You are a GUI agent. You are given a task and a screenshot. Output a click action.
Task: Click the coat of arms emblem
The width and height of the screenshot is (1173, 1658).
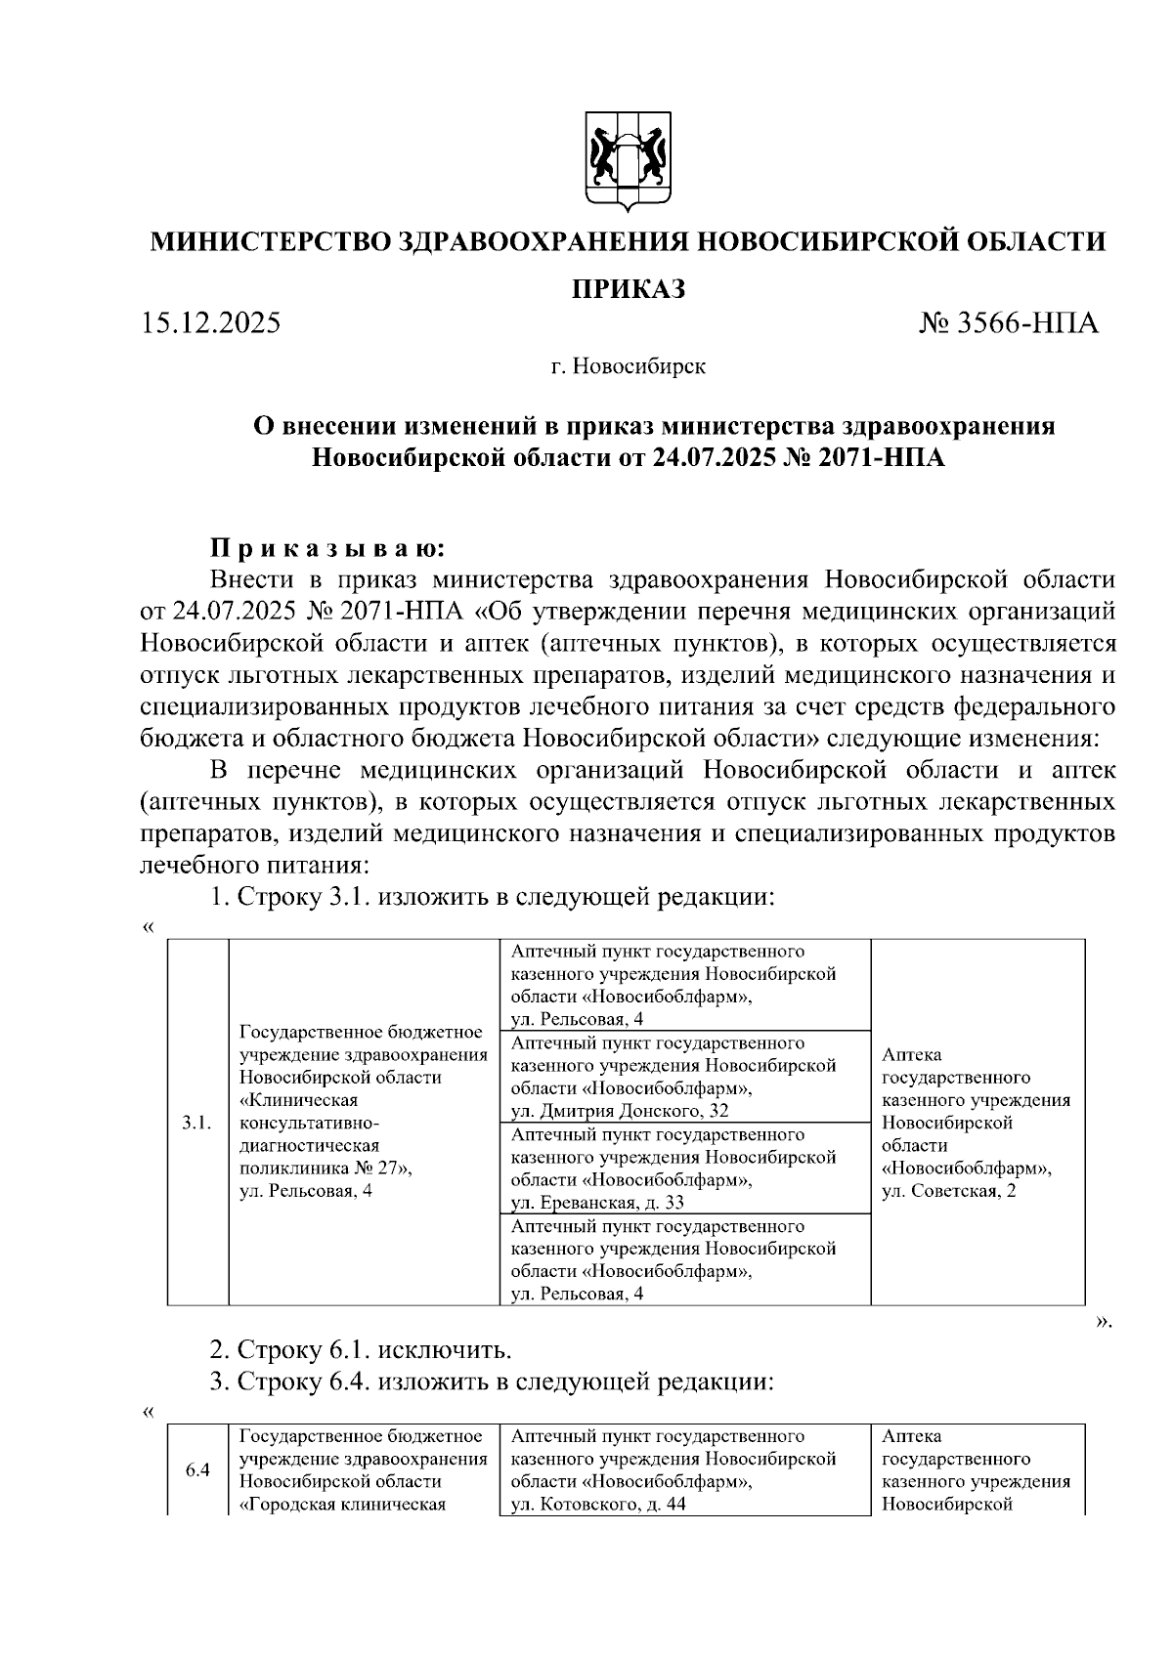tap(629, 162)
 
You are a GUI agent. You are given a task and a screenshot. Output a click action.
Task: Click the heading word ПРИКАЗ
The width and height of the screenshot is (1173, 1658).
tap(628, 289)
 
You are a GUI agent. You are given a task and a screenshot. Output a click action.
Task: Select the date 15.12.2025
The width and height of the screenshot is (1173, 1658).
tap(210, 322)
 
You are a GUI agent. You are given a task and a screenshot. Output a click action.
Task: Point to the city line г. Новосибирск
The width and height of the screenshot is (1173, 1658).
tap(628, 367)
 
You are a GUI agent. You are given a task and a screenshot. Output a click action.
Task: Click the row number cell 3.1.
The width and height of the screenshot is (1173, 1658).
tap(197, 1124)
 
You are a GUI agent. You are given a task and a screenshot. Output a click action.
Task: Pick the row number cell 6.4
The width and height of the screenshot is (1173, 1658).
tap(197, 1470)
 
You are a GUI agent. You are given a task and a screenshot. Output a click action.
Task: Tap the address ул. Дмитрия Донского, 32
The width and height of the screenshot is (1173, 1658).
tap(620, 1111)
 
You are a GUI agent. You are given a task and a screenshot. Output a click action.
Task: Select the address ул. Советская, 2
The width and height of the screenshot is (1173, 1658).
tap(949, 1191)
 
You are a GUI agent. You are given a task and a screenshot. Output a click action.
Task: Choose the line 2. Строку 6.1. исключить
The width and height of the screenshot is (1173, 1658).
tap(361, 1350)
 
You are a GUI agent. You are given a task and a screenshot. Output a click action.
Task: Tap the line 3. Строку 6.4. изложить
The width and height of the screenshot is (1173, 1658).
tap(493, 1382)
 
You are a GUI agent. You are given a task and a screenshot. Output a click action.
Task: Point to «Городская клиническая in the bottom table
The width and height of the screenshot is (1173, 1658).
tap(342, 1505)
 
